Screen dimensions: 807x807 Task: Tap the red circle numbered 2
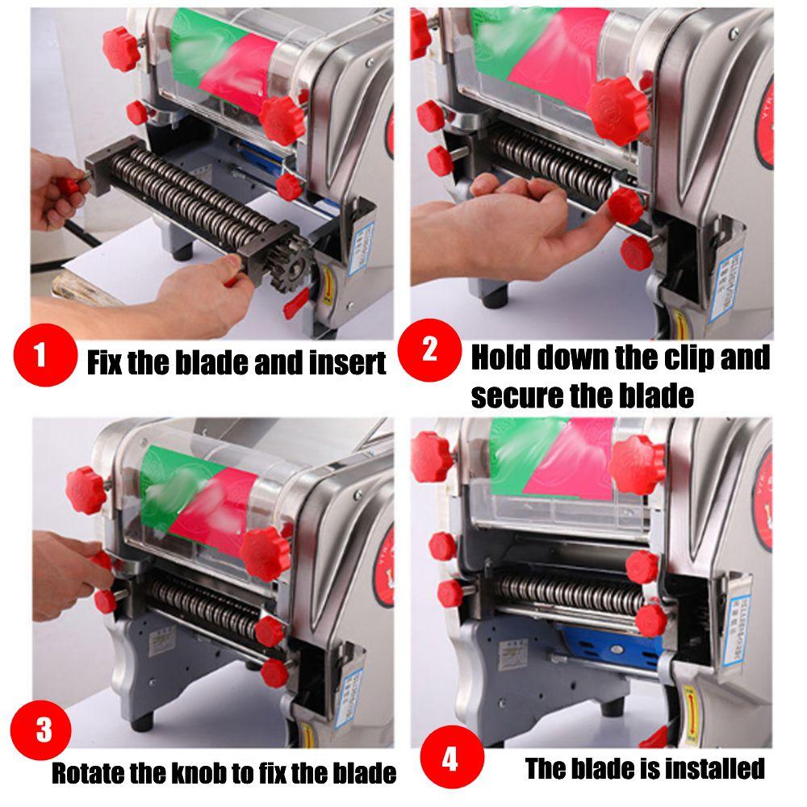[x=429, y=349]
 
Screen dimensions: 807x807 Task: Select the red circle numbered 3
[x=43, y=731]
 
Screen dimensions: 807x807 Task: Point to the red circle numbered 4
[x=450, y=759]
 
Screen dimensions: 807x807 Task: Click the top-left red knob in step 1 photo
[x=123, y=39]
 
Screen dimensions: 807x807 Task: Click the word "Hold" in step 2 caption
[x=500, y=356]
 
